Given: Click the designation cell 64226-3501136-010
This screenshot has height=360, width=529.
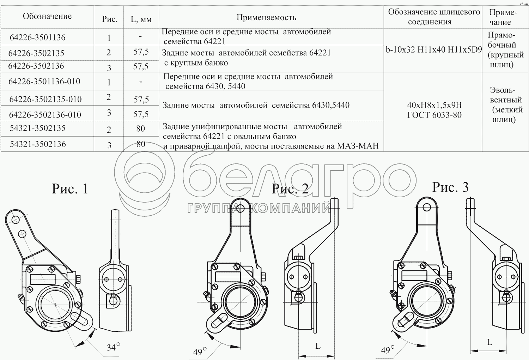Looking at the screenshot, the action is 44,81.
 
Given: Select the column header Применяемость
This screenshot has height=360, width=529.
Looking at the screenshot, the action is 266,18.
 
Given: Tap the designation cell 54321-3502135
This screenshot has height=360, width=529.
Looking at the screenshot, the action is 37,128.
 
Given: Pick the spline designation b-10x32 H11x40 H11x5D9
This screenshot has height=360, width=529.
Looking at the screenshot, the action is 433,50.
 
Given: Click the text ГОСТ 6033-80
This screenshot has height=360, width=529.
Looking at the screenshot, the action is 434,115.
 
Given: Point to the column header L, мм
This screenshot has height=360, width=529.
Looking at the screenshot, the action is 141,19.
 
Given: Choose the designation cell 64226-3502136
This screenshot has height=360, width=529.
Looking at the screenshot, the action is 36,66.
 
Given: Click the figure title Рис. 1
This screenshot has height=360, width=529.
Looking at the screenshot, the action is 70,188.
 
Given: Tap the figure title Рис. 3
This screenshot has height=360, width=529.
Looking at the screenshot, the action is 450,187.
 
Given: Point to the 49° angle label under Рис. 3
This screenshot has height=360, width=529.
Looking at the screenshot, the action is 388,350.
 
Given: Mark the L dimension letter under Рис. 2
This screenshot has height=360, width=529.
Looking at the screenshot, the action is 318,346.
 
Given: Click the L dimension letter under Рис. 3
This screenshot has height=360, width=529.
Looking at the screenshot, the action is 490,342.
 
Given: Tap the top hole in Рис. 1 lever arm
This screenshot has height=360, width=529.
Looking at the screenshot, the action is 16,220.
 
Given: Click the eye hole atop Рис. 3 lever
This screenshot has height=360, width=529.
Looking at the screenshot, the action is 427,207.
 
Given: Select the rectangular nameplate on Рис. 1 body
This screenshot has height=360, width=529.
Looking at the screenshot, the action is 43,280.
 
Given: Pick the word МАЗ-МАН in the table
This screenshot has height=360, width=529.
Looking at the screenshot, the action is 358,146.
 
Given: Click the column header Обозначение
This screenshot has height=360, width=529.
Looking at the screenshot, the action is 47,16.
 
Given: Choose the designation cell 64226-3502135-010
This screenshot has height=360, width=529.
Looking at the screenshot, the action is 45,99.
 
